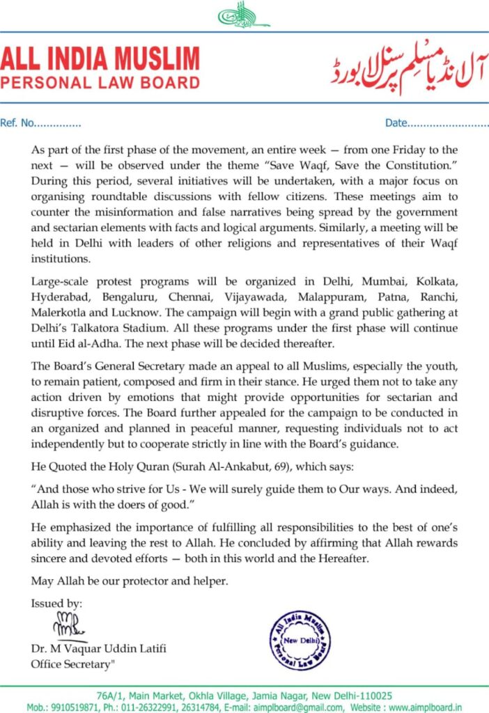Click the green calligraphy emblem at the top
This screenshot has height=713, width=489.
click(243, 15)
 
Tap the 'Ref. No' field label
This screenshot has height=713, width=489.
click(17, 124)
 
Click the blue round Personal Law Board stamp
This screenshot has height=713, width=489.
click(300, 639)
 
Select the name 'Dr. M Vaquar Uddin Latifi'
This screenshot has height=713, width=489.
click(98, 650)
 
